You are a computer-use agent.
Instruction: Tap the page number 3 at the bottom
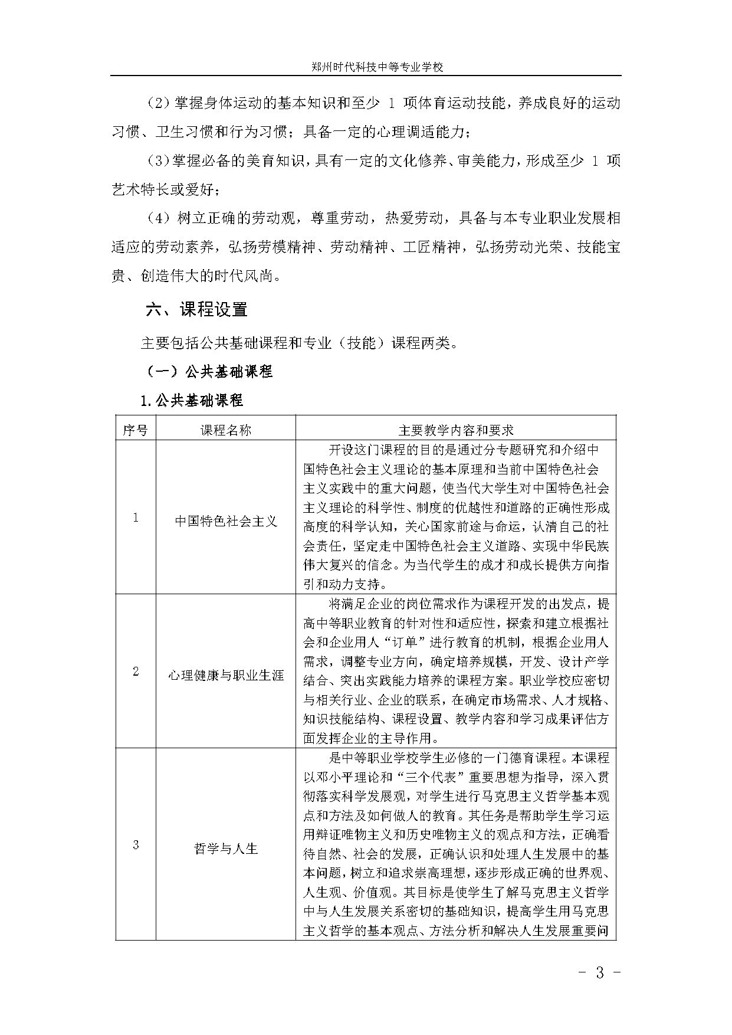point(599,973)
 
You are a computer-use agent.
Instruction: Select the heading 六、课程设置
point(196,309)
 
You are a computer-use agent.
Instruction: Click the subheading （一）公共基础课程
point(209,371)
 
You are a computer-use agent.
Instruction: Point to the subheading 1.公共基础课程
point(192,401)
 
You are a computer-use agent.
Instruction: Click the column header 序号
point(135,430)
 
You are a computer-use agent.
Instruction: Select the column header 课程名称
point(225,430)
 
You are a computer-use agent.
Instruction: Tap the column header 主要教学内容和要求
point(456,430)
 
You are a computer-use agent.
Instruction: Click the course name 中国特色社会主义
point(225,522)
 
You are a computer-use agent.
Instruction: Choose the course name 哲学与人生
point(225,849)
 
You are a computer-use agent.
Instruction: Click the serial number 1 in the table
point(136,517)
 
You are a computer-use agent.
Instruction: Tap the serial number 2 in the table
point(136,672)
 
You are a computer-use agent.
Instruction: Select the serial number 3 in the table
point(136,845)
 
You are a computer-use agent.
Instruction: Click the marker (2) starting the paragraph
point(158,103)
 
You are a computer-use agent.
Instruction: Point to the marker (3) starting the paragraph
point(158,161)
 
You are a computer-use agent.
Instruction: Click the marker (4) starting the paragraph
point(158,218)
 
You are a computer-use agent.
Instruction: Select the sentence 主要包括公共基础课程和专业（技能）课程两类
point(300,343)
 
